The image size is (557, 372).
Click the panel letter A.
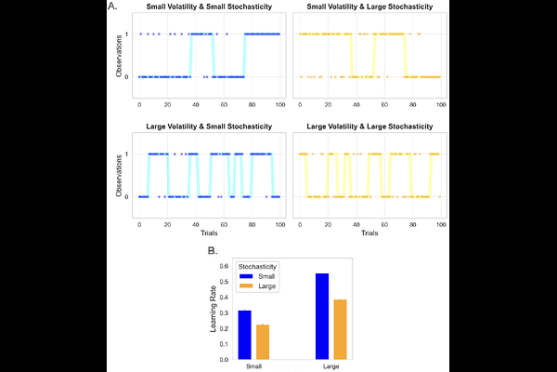[112, 7]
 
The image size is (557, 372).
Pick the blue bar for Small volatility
[245, 334]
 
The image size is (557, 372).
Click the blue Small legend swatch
[247, 275]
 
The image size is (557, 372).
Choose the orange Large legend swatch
[247, 286]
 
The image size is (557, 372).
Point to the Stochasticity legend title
[257, 265]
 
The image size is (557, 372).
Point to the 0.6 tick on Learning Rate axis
[224, 266]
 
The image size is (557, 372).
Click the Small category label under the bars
[253, 365]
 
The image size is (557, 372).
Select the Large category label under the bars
[330, 365]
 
